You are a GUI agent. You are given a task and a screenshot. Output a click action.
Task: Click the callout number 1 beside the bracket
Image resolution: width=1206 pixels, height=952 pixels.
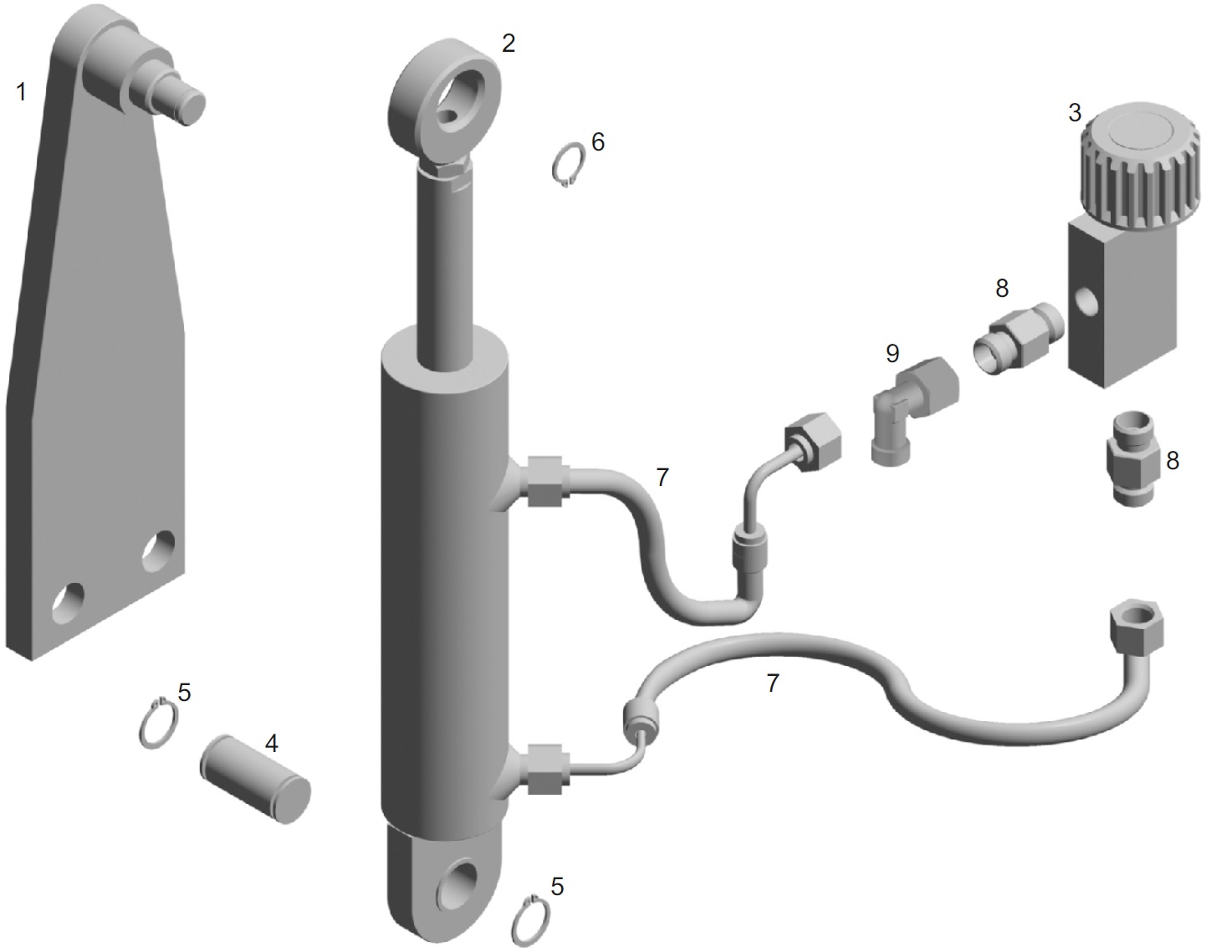tap(21, 92)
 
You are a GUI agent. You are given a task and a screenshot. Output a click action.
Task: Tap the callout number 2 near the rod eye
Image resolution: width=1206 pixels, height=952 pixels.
tap(508, 44)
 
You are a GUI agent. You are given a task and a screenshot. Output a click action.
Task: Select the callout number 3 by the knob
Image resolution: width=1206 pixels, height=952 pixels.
tap(1075, 113)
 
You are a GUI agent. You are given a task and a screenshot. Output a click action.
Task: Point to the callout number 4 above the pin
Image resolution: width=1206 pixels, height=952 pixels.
tap(272, 744)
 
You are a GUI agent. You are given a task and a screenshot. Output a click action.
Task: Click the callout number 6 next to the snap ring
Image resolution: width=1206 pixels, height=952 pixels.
tap(598, 142)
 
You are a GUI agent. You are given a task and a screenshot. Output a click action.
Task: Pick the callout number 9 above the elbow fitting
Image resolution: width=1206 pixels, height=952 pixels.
tap(892, 353)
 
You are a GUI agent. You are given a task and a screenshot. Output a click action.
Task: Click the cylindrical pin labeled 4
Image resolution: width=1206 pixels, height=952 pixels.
tap(255, 780)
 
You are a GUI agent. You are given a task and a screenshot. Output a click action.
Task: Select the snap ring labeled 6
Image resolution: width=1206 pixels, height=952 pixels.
tap(567, 166)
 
